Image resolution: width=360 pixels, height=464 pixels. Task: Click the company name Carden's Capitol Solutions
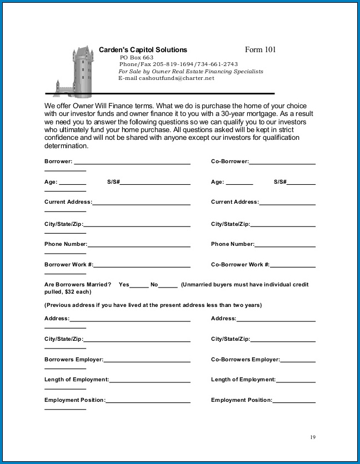tap(143, 50)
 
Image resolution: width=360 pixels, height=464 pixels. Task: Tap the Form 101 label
tap(260, 50)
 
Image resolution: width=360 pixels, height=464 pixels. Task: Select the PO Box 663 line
tap(136, 58)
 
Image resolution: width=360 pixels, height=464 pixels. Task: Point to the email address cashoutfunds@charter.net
tap(166, 79)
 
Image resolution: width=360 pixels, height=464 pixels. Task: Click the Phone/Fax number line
tap(178, 64)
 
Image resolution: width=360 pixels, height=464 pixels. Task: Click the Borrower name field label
tap(58, 162)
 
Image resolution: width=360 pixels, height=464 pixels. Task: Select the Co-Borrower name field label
tap(229, 162)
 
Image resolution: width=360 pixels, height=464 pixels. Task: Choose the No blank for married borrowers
tap(168, 285)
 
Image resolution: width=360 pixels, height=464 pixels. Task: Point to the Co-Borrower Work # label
tap(240, 265)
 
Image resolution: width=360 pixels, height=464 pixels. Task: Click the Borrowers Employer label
tap(73, 360)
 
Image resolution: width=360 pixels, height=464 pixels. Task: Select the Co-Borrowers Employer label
tap(245, 360)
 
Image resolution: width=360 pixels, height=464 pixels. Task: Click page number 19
tap(313, 437)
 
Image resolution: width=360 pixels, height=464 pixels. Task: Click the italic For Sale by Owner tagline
tap(191, 72)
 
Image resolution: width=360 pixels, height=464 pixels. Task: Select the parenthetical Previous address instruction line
tap(153, 305)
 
